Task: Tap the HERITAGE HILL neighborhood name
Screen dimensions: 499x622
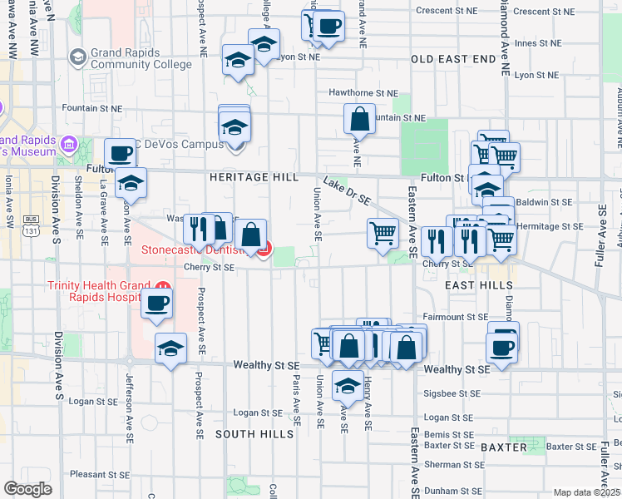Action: tap(254, 177)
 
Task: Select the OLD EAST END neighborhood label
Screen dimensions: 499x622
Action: tap(453, 59)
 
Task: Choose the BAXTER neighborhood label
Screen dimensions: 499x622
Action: tap(504, 447)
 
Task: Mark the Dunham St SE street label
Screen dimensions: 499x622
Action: tap(452, 491)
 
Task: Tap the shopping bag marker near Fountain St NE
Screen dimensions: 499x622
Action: tap(359, 119)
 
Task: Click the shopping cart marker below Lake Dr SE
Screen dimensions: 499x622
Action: tap(383, 232)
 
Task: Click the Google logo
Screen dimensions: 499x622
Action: tap(28, 490)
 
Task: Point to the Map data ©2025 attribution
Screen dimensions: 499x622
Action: tap(585, 492)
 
